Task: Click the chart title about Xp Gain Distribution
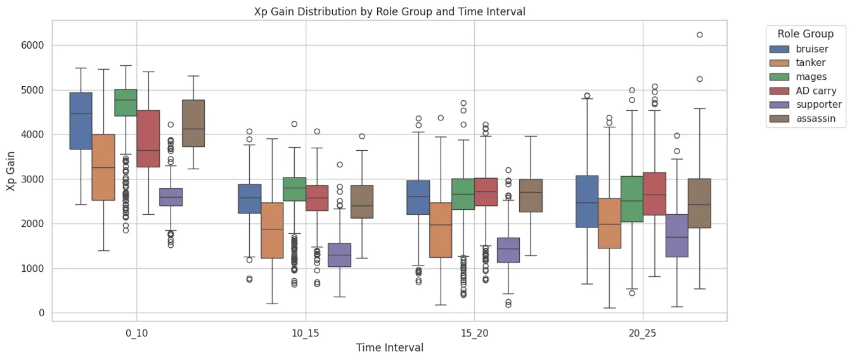(x=389, y=11)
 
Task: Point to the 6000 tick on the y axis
(x=31, y=46)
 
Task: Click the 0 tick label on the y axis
(x=41, y=313)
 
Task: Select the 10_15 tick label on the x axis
(x=306, y=333)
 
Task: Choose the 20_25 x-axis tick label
(x=643, y=333)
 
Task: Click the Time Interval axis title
(x=389, y=347)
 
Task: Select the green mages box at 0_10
(x=126, y=103)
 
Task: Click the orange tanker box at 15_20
(x=441, y=229)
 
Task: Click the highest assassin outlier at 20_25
(x=700, y=35)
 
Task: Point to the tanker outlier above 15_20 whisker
(x=441, y=118)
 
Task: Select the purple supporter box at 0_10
(x=171, y=197)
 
